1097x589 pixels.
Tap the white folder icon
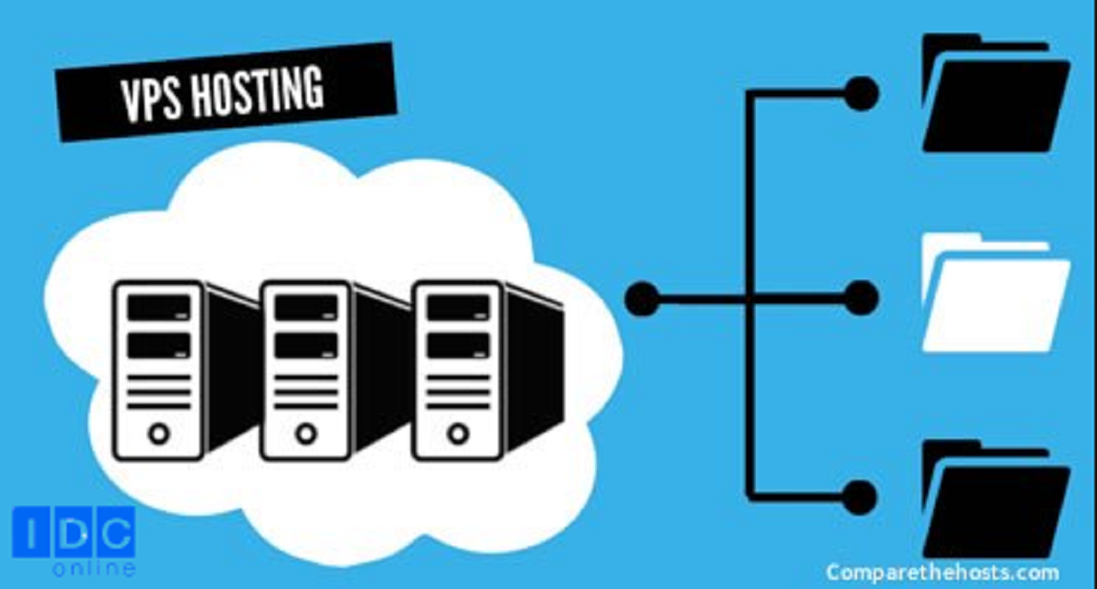coord(995,297)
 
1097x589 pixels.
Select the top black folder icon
coord(995,96)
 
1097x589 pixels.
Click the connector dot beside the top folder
coord(860,93)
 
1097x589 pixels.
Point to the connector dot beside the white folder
coord(860,298)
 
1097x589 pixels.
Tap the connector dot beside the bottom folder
coord(860,498)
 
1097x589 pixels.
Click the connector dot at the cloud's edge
coord(643,298)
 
